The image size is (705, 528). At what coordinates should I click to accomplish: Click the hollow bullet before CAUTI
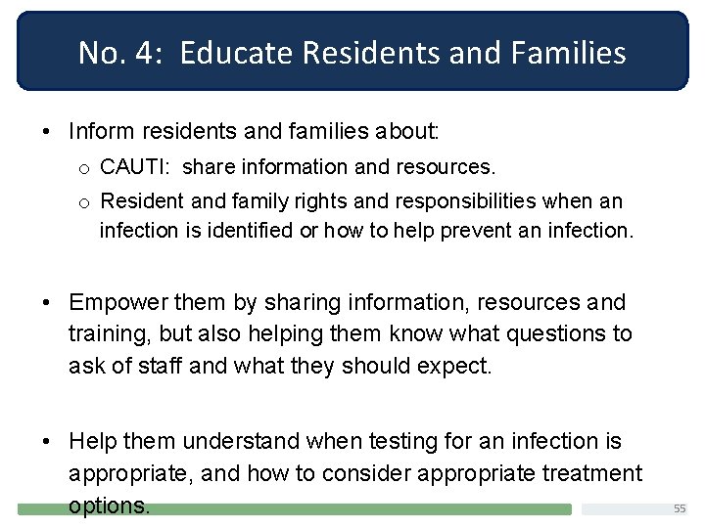(x=85, y=168)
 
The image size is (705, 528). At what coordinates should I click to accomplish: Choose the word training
(x=108, y=334)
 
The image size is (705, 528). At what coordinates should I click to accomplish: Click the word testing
(x=418, y=442)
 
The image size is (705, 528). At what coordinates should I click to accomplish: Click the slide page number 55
(x=680, y=508)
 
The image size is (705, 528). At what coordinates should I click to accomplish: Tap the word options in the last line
(x=108, y=506)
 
